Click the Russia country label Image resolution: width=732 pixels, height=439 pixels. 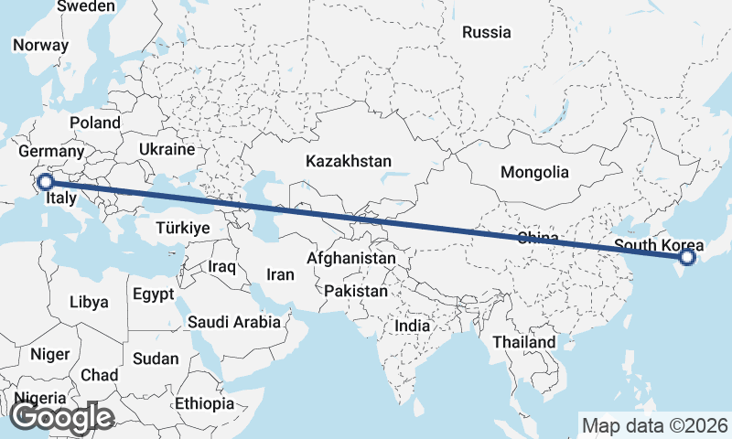(x=486, y=33)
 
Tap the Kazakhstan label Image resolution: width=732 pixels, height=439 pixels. (x=349, y=161)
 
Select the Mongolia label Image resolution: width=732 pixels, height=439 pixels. (x=534, y=172)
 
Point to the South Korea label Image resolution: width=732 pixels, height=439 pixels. (x=659, y=245)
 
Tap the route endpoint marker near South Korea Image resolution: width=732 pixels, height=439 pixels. (x=687, y=260)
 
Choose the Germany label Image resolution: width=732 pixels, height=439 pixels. (x=51, y=152)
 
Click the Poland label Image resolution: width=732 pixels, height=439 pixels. (x=94, y=123)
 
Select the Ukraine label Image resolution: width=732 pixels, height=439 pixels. (x=167, y=149)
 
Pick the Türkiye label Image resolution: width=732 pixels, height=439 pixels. (x=183, y=228)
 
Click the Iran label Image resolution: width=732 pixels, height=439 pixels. (x=280, y=274)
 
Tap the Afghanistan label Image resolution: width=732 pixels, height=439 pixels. (x=351, y=259)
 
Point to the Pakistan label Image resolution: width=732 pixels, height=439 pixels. (x=356, y=291)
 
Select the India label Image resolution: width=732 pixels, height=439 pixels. (x=412, y=326)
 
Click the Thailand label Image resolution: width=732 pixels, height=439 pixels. (x=522, y=342)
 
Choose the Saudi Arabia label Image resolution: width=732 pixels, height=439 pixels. (x=233, y=322)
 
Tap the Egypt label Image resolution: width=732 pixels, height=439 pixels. (x=152, y=295)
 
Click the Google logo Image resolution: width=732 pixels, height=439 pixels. (x=61, y=417)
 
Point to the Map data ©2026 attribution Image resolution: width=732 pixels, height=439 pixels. (x=654, y=425)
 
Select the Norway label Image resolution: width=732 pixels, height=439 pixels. (x=40, y=45)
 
